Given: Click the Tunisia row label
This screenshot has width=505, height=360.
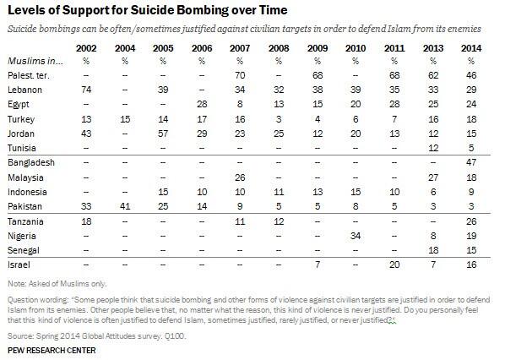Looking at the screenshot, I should (24, 146).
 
